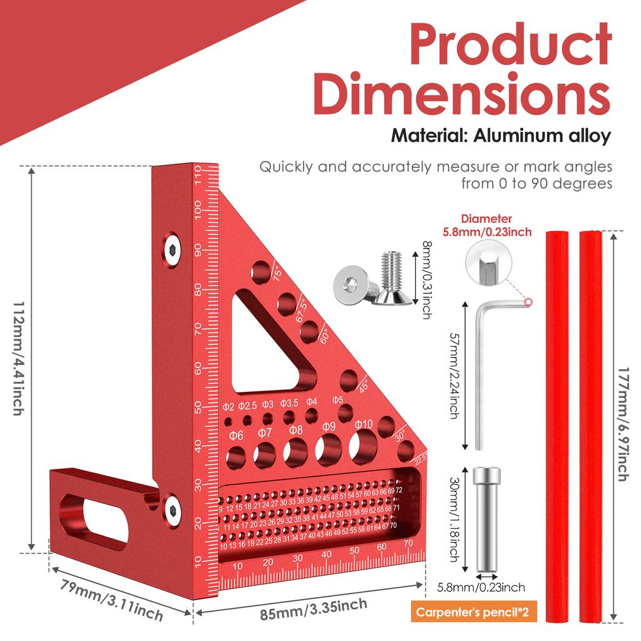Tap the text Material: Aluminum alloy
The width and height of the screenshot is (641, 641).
(501, 135)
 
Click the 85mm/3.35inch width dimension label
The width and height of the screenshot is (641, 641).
(313, 608)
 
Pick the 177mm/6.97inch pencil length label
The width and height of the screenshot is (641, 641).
(622, 423)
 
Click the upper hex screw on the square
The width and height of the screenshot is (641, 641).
(171, 250)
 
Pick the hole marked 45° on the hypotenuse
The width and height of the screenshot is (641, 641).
(348, 380)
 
